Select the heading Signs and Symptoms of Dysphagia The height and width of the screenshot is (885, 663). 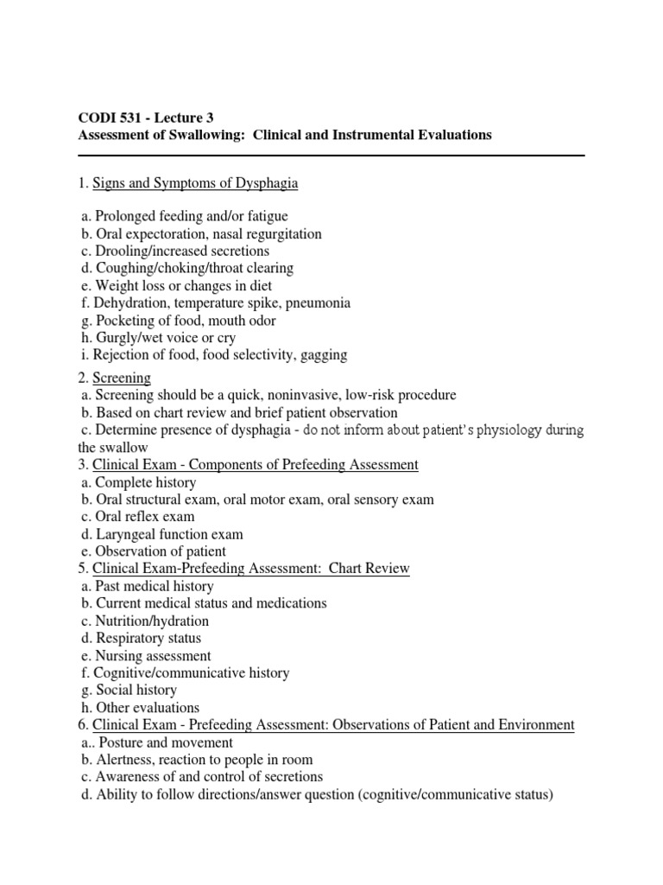pyautogui.click(x=195, y=183)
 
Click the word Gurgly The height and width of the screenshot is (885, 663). pyautogui.click(x=117, y=337)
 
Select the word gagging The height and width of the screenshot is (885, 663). pyautogui.click(x=322, y=354)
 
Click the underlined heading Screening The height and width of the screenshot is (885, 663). pyautogui.click(x=122, y=378)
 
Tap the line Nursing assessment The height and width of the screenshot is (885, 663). pyautogui.click(x=152, y=655)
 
